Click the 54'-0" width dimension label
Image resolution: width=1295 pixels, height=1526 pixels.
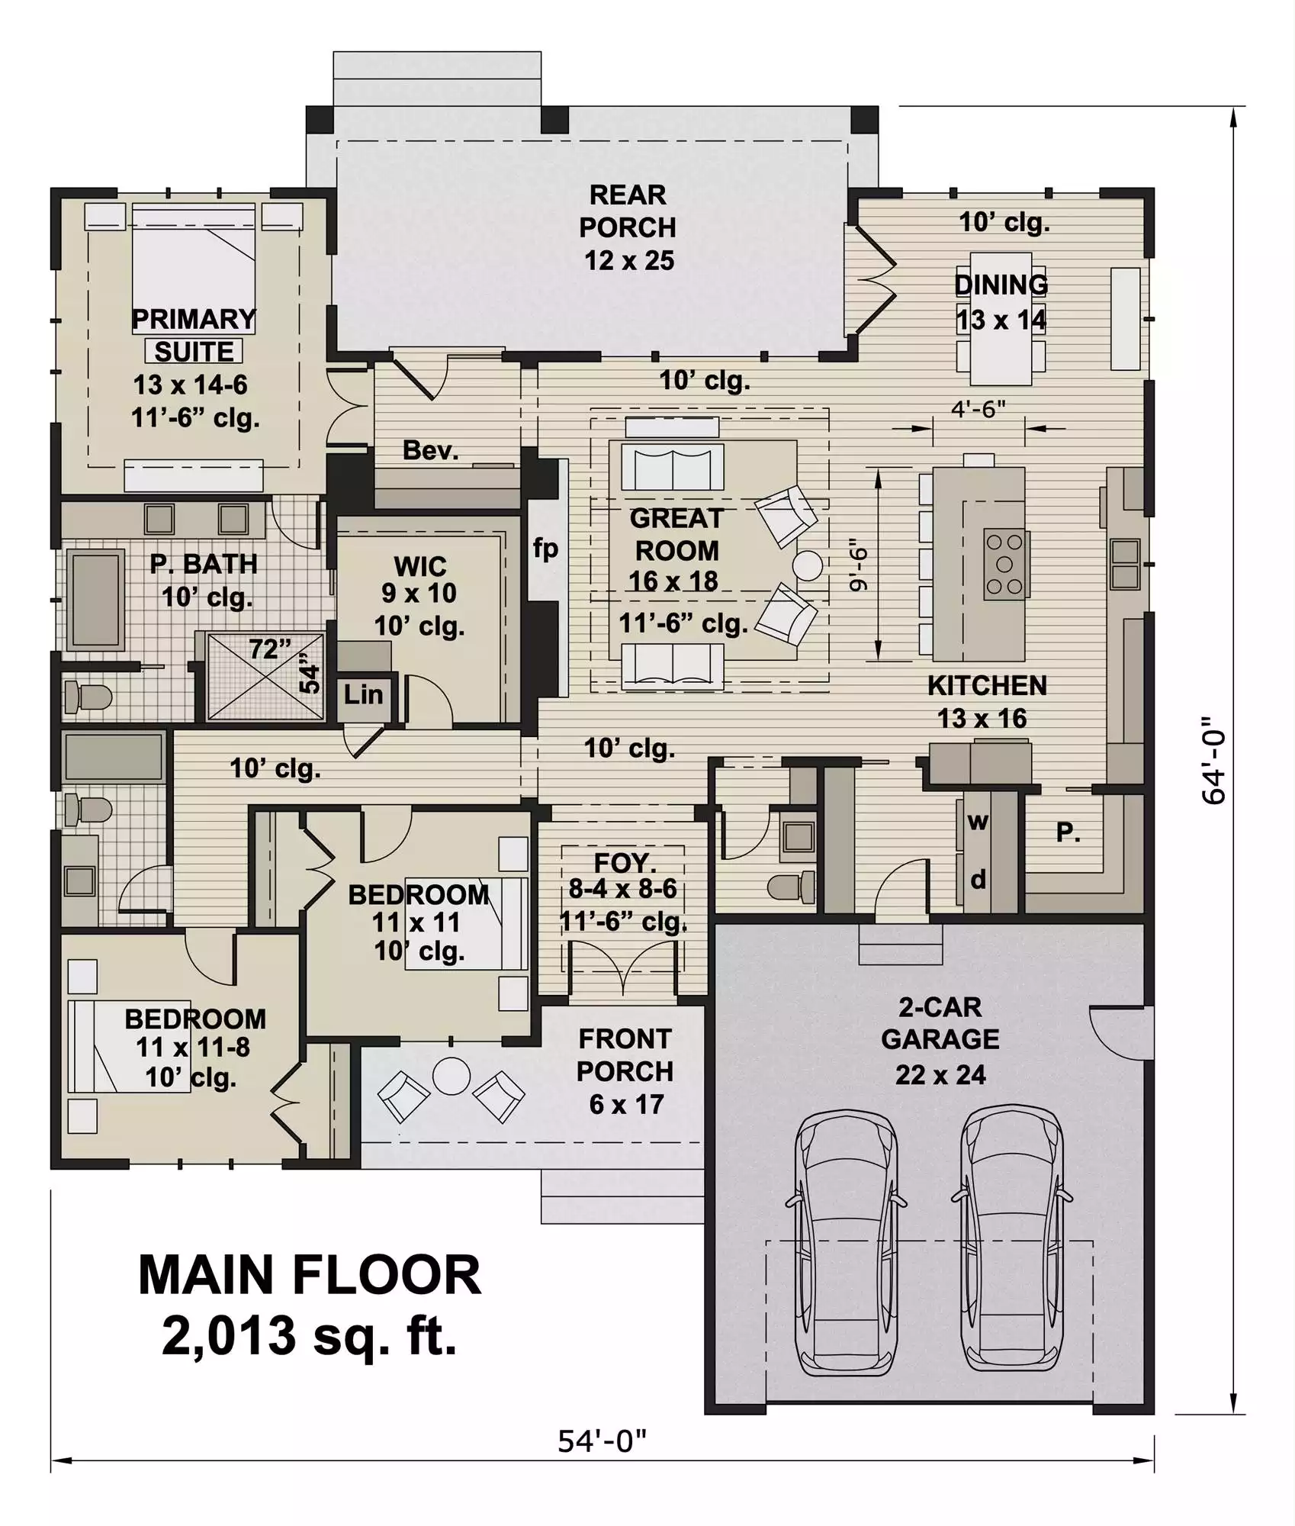pyautogui.click(x=602, y=1441)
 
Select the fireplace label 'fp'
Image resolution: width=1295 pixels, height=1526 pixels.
pyautogui.click(x=545, y=548)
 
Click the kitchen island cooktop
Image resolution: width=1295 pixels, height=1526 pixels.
pyautogui.click(x=1005, y=564)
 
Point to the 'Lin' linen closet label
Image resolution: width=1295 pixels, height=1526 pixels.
pyautogui.click(x=363, y=694)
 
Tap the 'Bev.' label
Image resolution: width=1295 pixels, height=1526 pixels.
pyautogui.click(x=431, y=450)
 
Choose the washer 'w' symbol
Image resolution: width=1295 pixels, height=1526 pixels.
pyautogui.click(x=978, y=822)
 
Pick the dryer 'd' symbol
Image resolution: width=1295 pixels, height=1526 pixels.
pyautogui.click(x=978, y=880)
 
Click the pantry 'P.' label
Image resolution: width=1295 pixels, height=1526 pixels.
pyautogui.click(x=1068, y=832)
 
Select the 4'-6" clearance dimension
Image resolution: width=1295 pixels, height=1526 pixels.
pyautogui.click(x=978, y=409)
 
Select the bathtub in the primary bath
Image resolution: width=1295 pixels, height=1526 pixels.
pyautogui.click(x=96, y=600)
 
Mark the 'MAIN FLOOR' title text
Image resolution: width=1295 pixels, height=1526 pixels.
pyautogui.click(x=310, y=1275)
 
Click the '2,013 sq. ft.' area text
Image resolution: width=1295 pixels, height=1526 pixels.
pyautogui.click(x=310, y=1337)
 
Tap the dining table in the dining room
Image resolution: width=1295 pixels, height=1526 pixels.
pyautogui.click(x=1001, y=319)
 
